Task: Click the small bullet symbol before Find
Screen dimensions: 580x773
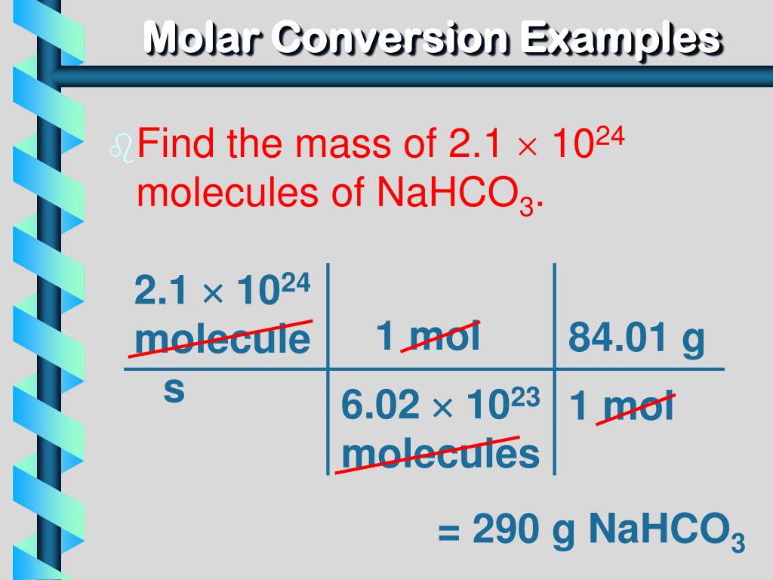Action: click(121, 150)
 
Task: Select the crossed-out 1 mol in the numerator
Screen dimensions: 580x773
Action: click(428, 337)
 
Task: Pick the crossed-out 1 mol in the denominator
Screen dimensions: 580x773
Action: click(622, 409)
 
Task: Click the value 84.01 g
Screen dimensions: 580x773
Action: click(636, 338)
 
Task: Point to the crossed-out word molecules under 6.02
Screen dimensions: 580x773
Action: click(440, 454)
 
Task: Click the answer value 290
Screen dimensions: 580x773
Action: click(505, 531)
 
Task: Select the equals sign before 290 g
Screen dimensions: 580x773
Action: click(450, 532)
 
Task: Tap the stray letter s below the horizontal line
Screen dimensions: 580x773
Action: click(174, 390)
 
